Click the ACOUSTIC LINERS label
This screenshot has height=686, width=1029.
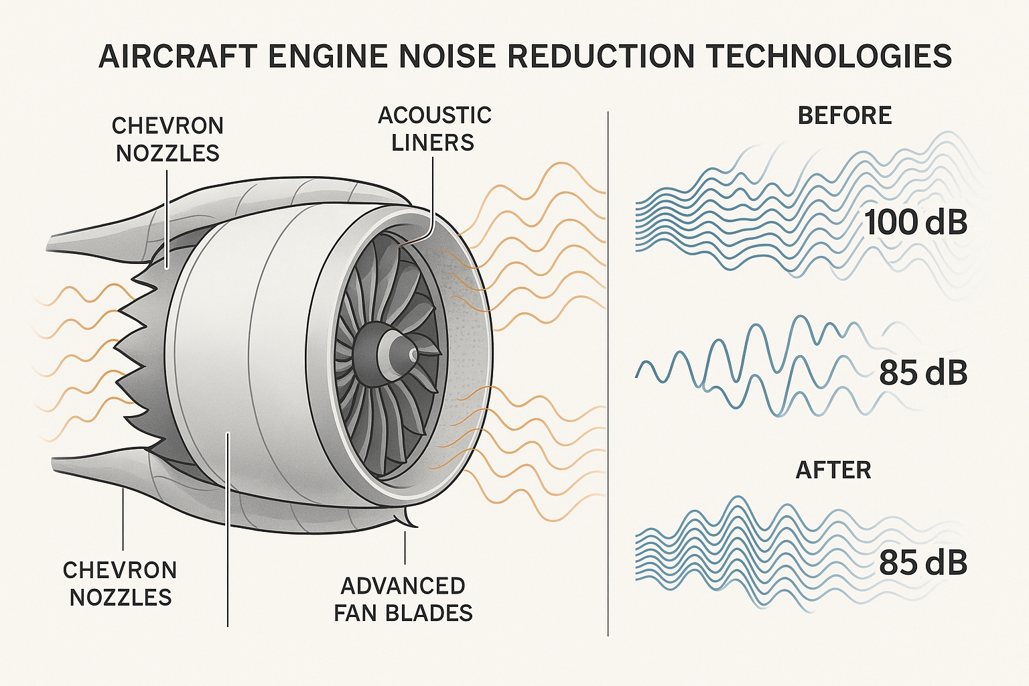(x=434, y=129)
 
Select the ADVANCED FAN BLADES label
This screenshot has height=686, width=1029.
(x=403, y=599)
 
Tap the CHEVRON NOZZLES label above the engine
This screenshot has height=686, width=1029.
(x=167, y=139)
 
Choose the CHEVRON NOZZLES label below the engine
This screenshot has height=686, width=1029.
(x=121, y=584)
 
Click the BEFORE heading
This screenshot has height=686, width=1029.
(x=845, y=116)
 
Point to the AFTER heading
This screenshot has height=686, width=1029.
(x=833, y=470)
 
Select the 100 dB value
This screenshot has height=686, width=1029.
(x=915, y=222)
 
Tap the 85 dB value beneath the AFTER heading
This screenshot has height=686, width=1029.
(x=923, y=563)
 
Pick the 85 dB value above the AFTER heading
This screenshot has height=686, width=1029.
(x=923, y=373)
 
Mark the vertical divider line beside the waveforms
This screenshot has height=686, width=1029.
(x=608, y=375)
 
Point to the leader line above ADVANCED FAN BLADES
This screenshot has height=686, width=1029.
(x=405, y=547)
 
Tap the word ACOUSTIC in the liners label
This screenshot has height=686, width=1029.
(x=434, y=115)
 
